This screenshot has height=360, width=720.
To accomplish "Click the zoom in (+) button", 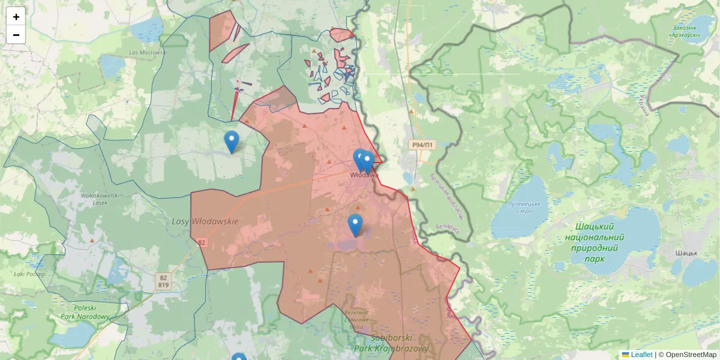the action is click(x=16, y=17).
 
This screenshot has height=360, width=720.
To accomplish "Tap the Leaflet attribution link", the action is click(x=641, y=355).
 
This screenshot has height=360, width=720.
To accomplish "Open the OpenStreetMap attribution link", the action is click(x=691, y=355).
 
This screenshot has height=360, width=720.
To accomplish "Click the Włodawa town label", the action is click(x=364, y=175).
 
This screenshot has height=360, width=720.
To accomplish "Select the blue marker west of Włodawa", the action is click(x=231, y=142).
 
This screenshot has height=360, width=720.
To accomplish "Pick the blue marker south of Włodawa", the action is click(x=355, y=225).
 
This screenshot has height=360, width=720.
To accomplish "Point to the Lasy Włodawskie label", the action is click(x=205, y=221).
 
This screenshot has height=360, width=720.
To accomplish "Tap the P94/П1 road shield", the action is click(x=422, y=145).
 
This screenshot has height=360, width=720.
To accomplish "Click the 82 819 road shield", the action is click(x=164, y=281).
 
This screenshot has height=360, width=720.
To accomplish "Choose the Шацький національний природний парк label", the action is click(x=595, y=242).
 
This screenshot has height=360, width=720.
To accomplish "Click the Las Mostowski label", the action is click(x=147, y=52).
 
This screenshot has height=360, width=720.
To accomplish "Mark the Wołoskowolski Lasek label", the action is click(x=101, y=199).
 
